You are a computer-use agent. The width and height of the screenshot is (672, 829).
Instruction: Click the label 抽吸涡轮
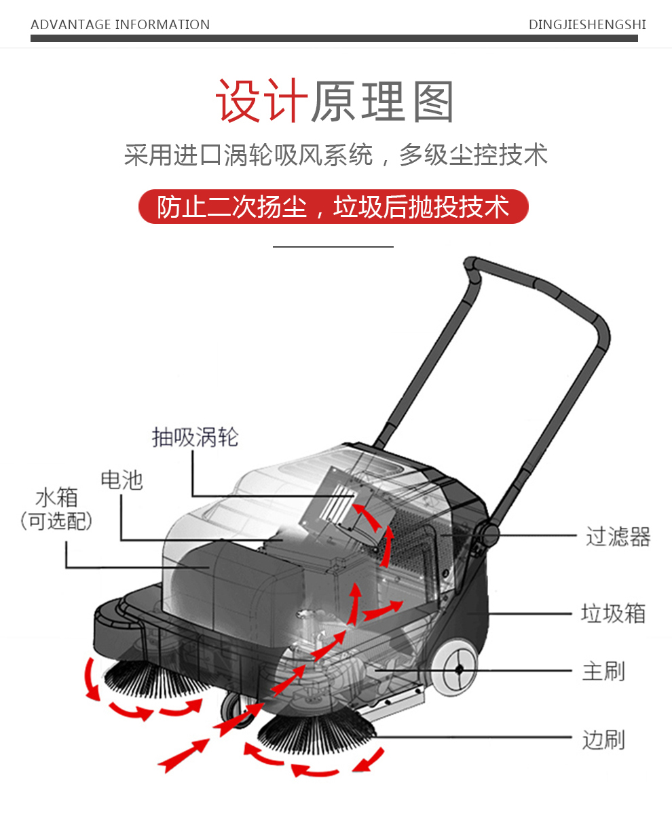tap(195, 438)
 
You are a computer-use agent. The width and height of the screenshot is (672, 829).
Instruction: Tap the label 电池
tap(122, 480)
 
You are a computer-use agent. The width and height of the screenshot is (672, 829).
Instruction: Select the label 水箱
tap(56, 497)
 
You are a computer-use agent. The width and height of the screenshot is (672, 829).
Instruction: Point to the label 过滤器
tap(618, 537)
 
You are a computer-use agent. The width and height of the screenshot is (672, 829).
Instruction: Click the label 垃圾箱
tap(613, 613)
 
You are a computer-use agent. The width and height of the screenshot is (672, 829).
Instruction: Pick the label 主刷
tap(603, 671)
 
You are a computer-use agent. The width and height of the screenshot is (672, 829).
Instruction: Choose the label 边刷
tap(603, 739)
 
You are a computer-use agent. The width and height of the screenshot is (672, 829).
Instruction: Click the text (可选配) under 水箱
tap(56, 521)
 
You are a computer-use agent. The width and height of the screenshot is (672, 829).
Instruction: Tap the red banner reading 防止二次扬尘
tap(333, 207)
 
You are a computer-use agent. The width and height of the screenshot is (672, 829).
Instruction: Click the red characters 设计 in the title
tap(262, 102)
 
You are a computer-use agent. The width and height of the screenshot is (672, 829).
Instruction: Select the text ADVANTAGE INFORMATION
tap(120, 25)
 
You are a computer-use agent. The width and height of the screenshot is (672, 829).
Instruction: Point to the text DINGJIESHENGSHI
tap(587, 25)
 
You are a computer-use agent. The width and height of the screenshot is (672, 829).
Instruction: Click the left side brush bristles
tap(156, 678)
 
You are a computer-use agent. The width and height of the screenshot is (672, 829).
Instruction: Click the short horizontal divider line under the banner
tap(333, 247)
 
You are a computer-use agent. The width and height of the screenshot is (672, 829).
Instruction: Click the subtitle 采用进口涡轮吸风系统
tap(248, 155)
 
